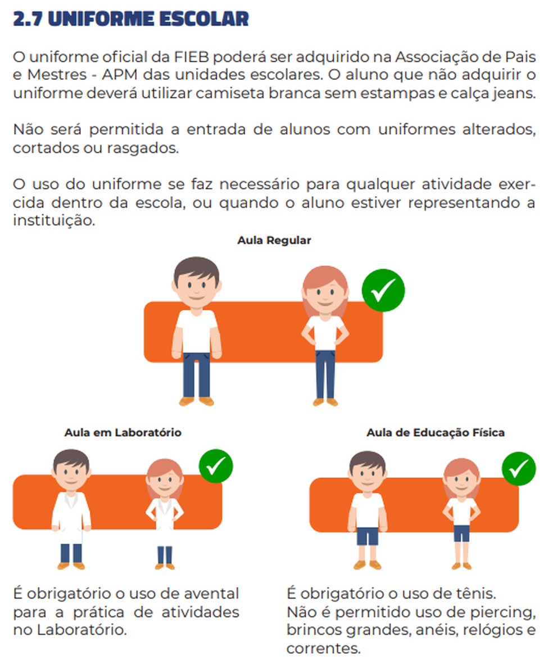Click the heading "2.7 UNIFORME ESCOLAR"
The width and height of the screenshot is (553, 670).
pos(131,19)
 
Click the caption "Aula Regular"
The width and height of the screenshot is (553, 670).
pos(274,240)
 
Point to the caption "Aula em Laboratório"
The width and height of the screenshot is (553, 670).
pos(123,432)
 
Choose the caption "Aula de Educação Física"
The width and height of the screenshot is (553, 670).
pos(436,432)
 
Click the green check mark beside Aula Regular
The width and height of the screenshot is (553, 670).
pos(383,290)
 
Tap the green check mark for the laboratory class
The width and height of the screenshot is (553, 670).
pos(216,466)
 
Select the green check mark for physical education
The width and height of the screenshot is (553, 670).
pos(518,469)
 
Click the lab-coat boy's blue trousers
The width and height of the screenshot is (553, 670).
pos(71,553)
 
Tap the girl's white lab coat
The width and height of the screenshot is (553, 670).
pos(165,520)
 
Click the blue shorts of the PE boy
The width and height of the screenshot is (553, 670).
pos(368,536)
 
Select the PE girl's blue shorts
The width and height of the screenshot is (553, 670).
pos(461,533)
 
